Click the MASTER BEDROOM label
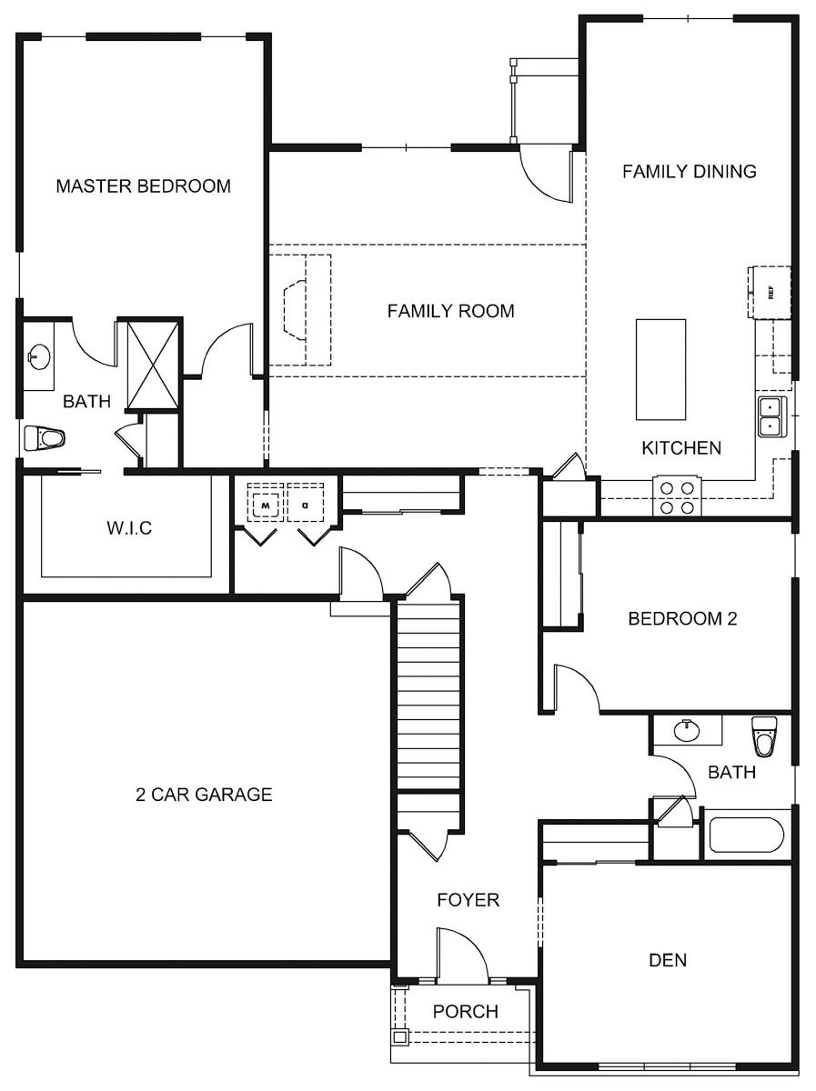coord(143,186)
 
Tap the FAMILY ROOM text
coord(450,311)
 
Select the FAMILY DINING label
coord(689,171)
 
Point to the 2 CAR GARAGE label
coord(204,795)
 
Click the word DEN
coord(667,960)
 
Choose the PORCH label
coord(465,1011)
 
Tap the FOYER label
coord(468,900)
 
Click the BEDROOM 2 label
coord(682,619)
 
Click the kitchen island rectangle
coord(660,369)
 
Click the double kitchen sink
coord(770,416)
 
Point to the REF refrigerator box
coord(770,293)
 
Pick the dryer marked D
coord(305,503)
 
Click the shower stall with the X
coord(152,364)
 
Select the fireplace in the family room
coord(299,310)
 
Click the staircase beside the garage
coord(428,696)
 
